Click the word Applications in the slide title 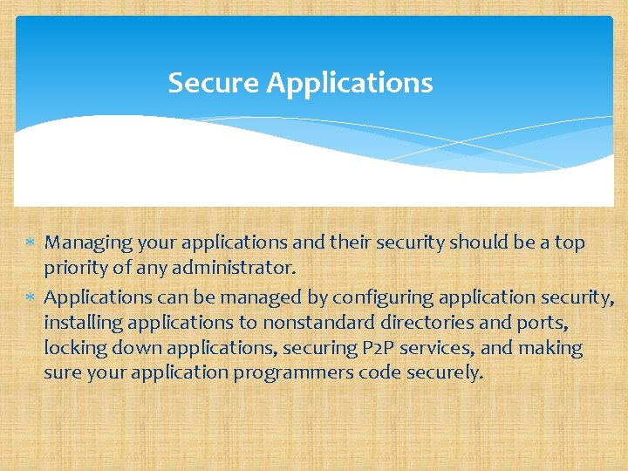click(x=350, y=84)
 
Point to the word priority click(x=74, y=269)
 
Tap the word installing click(x=84, y=324)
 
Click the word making click(x=551, y=349)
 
